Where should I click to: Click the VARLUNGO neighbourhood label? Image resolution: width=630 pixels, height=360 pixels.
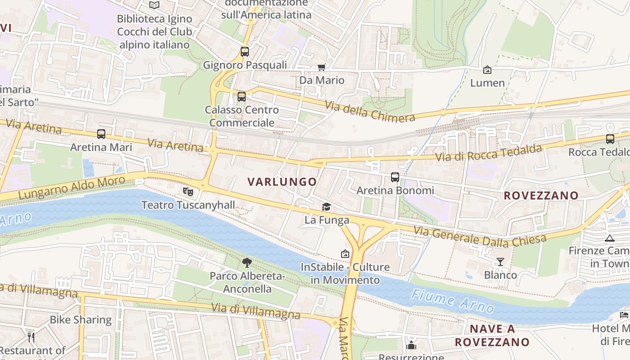tap(282, 182)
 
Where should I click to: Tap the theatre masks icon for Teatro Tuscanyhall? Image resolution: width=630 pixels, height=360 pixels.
tap(188, 192)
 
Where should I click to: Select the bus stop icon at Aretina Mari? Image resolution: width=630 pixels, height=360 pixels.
tap(101, 134)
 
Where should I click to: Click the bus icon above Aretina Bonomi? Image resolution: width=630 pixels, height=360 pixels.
tap(395, 177)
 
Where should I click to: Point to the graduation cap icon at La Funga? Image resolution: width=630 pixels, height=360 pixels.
tap(326, 207)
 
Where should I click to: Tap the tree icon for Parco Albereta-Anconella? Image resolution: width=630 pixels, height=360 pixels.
tap(247, 262)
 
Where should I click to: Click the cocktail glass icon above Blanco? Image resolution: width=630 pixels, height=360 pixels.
tap(500, 261)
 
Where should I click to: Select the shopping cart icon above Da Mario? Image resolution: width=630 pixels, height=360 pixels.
tap(321, 67)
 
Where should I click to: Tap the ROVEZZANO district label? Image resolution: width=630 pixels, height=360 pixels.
tap(541, 195)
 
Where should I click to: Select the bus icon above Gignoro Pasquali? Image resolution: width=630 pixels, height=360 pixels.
tap(244, 52)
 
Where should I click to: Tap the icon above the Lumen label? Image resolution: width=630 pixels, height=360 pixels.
tap(487, 70)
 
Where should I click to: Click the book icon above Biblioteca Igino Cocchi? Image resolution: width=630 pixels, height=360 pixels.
tap(154, 5)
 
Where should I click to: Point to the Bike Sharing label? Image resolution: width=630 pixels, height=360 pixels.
tap(81, 320)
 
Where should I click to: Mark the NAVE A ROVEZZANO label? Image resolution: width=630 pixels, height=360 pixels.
tap(492, 335)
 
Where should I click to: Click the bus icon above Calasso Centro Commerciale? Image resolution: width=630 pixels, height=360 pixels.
tap(242, 96)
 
